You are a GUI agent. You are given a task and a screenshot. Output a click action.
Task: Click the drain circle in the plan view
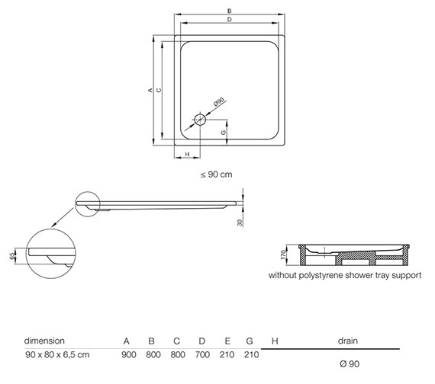pos(200,120)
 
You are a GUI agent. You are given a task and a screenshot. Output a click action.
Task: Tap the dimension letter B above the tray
pos(230,11)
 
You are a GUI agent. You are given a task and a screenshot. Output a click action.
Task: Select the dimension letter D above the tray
pos(230,20)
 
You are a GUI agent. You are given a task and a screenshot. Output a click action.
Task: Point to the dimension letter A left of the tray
pos(150,90)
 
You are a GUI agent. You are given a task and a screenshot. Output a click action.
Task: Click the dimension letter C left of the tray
pos(159,90)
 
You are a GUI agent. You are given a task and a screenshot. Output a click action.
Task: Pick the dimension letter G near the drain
pos(224,133)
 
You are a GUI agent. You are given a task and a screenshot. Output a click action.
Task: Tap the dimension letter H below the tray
pos(187,154)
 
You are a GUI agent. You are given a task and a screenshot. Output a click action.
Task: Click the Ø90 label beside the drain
pos(219,102)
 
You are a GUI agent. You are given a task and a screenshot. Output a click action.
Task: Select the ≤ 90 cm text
pos(217,174)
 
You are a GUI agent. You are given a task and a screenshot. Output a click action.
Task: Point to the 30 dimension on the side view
pos(240,222)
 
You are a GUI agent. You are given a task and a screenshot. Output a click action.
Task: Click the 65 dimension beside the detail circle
pos(12,256)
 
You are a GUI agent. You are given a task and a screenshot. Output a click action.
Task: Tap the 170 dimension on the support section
pos(283,254)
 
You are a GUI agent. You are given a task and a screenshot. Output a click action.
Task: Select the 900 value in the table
pos(129,354)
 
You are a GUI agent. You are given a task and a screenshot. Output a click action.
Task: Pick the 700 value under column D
pos(202,354)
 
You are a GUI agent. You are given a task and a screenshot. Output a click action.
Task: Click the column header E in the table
pos(227,341)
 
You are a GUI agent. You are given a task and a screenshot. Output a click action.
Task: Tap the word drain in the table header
pos(348,341)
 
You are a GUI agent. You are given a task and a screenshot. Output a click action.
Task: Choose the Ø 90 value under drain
pos(350,363)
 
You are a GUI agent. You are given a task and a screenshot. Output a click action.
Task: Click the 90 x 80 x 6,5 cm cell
pos(57,354)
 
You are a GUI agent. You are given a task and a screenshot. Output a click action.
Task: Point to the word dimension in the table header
pos(44,341)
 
